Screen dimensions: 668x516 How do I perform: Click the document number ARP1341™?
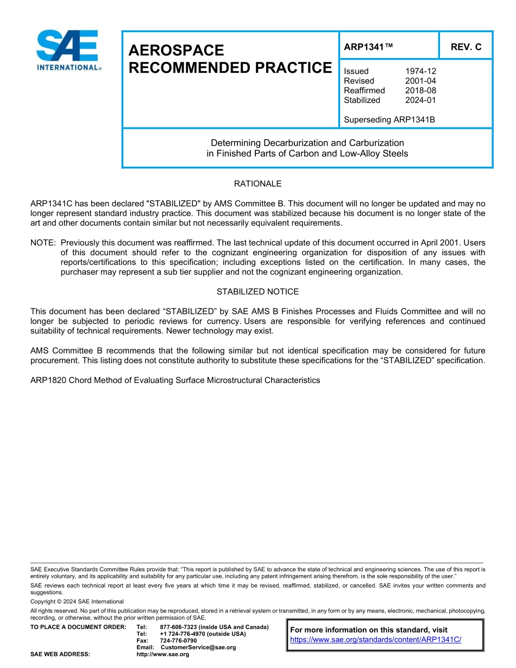click(x=368, y=47)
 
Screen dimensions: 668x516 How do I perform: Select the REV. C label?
click(x=465, y=47)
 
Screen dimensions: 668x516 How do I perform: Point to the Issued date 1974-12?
click(x=420, y=71)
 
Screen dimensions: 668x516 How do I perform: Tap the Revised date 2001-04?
click(x=420, y=81)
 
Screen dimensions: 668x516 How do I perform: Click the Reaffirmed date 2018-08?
click(x=420, y=91)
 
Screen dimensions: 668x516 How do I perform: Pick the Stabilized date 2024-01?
click(x=420, y=100)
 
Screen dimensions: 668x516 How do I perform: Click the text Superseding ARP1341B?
click(x=389, y=120)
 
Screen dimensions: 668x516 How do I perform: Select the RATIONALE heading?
click(x=257, y=184)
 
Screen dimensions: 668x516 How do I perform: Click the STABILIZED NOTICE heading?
click(x=257, y=292)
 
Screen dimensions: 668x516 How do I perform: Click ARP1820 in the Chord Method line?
click(x=48, y=381)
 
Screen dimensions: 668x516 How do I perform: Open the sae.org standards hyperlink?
click(x=375, y=640)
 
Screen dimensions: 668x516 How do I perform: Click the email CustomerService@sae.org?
click(x=198, y=647)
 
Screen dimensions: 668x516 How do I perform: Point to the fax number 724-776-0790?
click(x=178, y=641)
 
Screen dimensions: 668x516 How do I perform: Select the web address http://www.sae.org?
click(x=162, y=654)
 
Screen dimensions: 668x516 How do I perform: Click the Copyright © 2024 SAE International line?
click(x=77, y=602)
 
